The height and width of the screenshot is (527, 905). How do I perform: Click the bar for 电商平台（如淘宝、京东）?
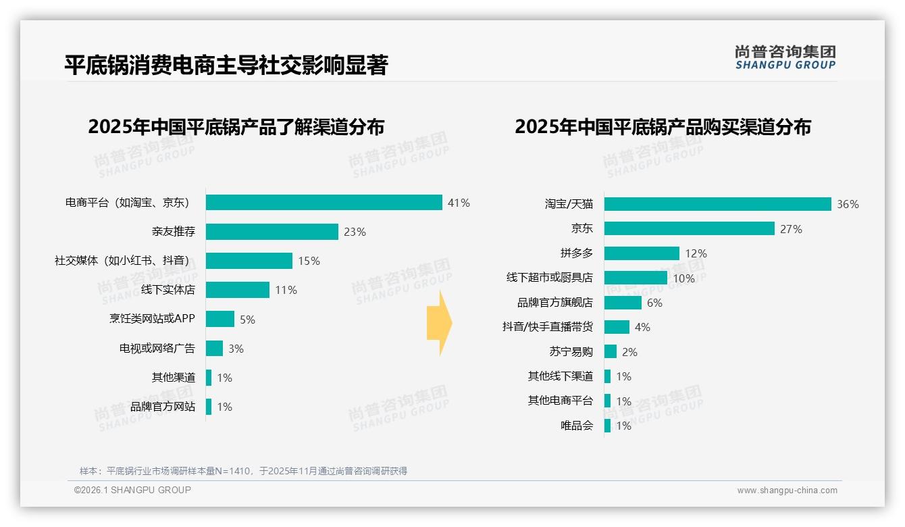tap(324, 203)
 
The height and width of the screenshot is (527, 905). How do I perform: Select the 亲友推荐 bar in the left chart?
tap(271, 232)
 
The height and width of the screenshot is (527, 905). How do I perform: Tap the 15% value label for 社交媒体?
tap(309, 261)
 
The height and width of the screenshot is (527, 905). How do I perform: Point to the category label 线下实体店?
tap(167, 290)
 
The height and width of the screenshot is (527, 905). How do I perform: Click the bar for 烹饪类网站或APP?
tap(219, 319)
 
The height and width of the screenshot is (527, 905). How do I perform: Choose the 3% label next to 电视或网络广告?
tap(236, 349)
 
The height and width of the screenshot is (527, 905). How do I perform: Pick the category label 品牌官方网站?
tap(162, 407)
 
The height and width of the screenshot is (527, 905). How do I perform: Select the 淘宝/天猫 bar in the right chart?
tap(717, 204)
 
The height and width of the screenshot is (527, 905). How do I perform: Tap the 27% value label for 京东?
tap(791, 229)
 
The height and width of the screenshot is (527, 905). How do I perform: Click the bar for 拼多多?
tap(642, 253)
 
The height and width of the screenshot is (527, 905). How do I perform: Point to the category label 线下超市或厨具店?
tap(549, 278)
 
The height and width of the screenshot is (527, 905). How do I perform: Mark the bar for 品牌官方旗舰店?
tap(623, 303)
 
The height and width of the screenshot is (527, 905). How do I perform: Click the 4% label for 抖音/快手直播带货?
tap(642, 327)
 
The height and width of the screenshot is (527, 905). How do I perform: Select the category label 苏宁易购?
tap(571, 351)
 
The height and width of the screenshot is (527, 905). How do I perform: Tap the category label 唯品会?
tap(576, 426)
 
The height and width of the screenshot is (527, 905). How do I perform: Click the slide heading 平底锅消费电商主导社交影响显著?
tap(226, 65)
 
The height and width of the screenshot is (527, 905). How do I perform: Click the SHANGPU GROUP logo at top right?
tap(785, 57)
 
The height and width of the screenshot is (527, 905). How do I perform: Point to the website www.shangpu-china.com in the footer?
tap(787, 491)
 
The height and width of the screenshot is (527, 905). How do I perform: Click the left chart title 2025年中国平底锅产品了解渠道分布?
tap(236, 127)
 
